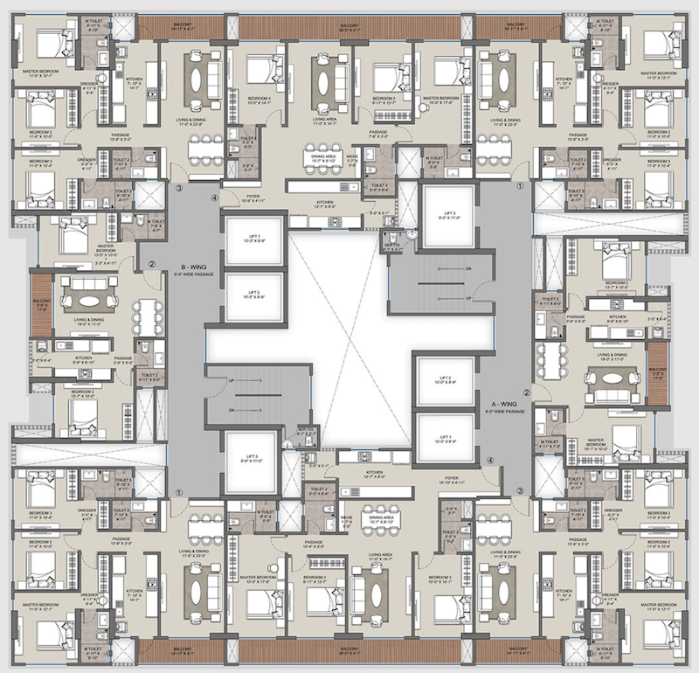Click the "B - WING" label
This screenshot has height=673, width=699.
192,264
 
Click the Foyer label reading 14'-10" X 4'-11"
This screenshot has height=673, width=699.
452,481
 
